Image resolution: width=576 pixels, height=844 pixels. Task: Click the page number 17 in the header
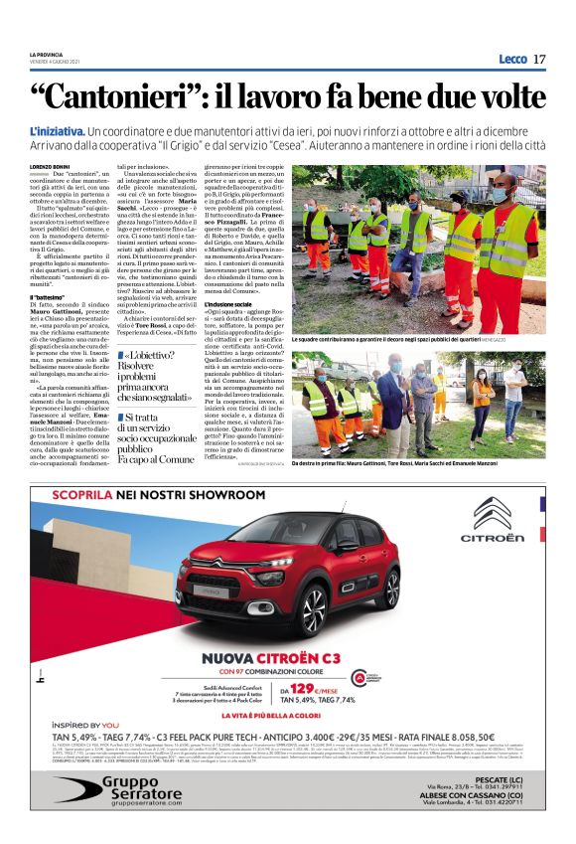(539, 59)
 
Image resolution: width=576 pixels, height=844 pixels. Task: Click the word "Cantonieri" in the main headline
(139, 96)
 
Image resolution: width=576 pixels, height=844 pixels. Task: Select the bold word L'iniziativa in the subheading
(56, 131)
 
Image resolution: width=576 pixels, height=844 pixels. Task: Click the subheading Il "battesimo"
(50, 297)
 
